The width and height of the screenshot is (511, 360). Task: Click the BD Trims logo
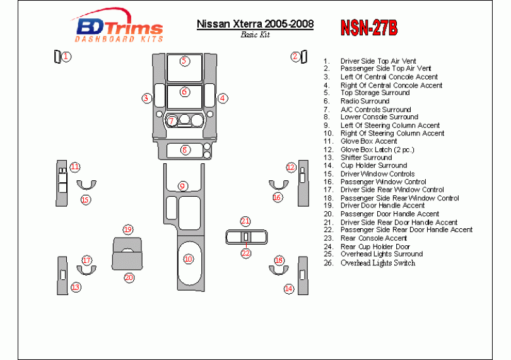(119, 29)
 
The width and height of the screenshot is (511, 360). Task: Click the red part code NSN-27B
(368, 27)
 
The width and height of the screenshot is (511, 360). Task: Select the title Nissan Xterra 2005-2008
(255, 25)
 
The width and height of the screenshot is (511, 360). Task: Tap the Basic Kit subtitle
(255, 35)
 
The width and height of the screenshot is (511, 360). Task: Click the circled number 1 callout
(66, 57)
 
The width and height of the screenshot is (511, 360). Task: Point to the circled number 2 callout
(295, 57)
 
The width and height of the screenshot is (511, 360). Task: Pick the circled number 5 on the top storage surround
(184, 61)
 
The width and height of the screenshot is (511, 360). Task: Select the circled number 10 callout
(188, 259)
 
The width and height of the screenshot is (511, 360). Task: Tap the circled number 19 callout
(128, 229)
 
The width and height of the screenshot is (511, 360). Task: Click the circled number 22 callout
(246, 253)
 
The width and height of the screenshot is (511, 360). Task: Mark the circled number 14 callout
(289, 289)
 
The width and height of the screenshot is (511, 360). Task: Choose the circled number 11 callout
(75, 167)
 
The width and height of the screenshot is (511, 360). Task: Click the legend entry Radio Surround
(365, 101)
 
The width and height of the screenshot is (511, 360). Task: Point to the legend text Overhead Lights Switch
(377, 263)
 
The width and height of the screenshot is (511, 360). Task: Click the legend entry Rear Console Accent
(373, 238)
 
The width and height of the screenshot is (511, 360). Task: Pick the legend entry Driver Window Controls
(377, 173)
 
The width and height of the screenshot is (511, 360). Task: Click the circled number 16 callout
(277, 197)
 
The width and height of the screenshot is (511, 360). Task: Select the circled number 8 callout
(185, 150)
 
